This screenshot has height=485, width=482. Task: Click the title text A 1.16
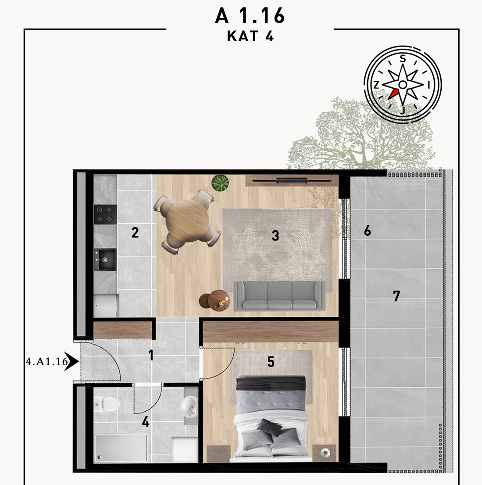click(250, 16)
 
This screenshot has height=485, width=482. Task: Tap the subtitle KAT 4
click(250, 36)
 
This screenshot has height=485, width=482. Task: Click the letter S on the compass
click(403, 58)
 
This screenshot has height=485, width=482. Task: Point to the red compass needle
click(393, 94)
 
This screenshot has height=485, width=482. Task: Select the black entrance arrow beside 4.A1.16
click(72, 361)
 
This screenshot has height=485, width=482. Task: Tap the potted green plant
click(221, 183)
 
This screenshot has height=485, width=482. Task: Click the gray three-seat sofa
click(279, 296)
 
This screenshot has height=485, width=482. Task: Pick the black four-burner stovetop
click(105, 214)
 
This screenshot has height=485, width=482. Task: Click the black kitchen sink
click(105, 259)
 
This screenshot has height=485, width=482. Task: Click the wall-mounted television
click(292, 181)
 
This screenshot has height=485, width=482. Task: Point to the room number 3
click(275, 236)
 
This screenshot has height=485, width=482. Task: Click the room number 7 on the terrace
click(396, 296)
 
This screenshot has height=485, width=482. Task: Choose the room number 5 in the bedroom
click(271, 362)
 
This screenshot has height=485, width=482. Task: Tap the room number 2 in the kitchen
click(135, 232)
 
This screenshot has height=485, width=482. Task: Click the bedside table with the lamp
click(324, 453)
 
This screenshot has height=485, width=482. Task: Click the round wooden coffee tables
click(215, 300)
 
